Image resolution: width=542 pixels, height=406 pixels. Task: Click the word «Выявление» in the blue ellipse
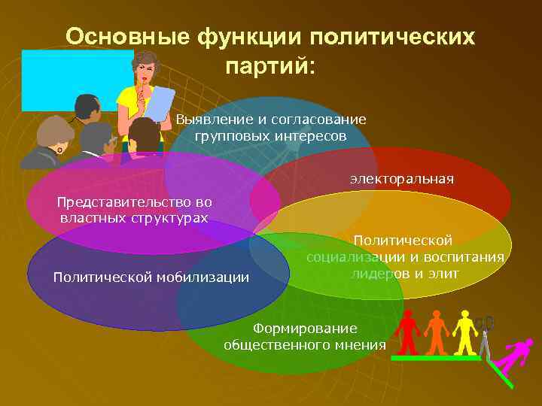pyautogui.click(x=208, y=120)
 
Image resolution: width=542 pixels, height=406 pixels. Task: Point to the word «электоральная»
pyautogui.click(x=401, y=179)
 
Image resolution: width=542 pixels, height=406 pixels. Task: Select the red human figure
pyautogui.click(x=407, y=332)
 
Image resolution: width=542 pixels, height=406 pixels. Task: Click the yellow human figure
pyautogui.click(x=464, y=332)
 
